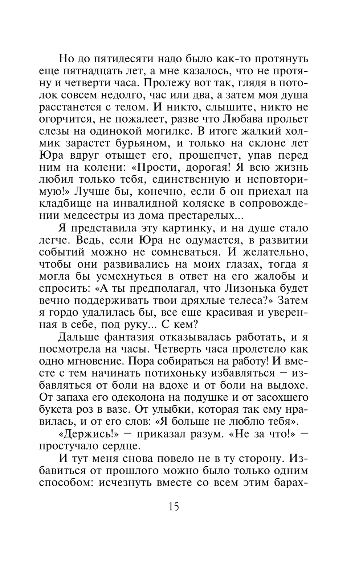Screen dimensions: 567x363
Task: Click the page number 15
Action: coord(174,506)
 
